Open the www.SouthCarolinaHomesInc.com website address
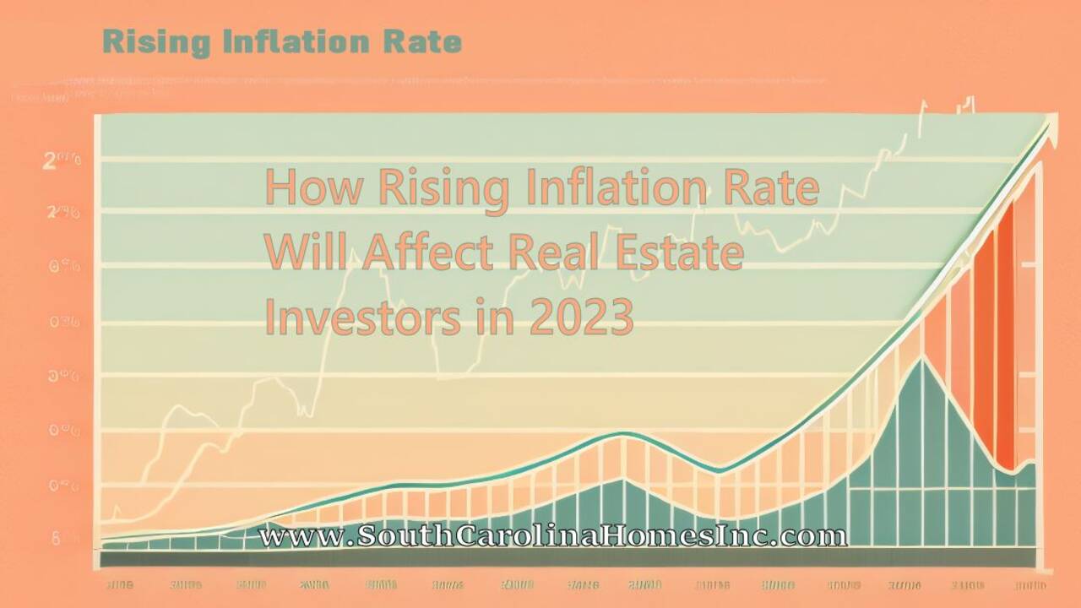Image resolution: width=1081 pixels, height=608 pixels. (x=552, y=535)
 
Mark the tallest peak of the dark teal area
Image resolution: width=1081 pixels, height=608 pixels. (x=923, y=358)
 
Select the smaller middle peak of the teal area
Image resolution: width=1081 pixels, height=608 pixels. (x=623, y=480)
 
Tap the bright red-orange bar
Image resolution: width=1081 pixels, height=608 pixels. (x=1004, y=338)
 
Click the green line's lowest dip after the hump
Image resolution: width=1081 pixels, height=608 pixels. (x=719, y=470)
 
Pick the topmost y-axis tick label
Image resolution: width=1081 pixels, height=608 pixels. (x=62, y=160)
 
